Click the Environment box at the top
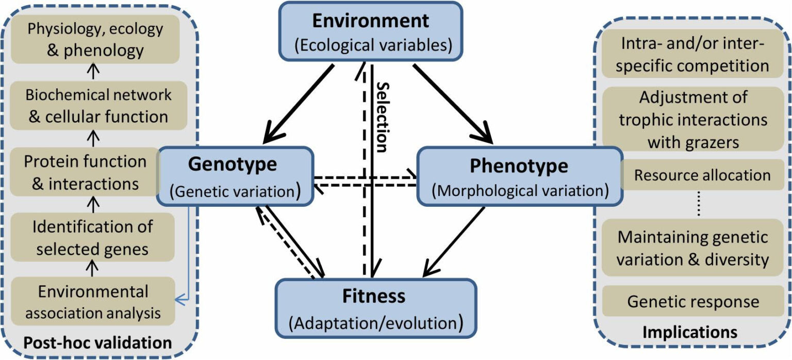pyautogui.click(x=370, y=31)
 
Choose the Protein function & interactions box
pyautogui.click(x=85, y=172)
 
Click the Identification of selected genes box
pyautogui.click(x=93, y=237)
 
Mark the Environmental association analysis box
pyautogui.click(x=93, y=302)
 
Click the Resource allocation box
pyautogui.click(x=702, y=175)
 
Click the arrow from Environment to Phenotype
pyautogui.click(x=452, y=103)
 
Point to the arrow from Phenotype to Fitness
pyautogui.click(x=454, y=241)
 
